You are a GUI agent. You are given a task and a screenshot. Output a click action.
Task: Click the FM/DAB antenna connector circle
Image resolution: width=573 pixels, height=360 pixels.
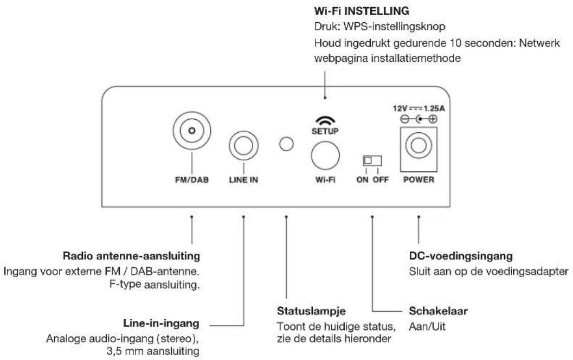click(x=191, y=131)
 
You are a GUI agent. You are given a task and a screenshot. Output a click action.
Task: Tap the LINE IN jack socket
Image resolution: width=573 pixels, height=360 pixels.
click(x=243, y=145)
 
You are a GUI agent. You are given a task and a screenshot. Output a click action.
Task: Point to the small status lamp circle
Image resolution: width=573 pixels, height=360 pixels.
click(x=286, y=144)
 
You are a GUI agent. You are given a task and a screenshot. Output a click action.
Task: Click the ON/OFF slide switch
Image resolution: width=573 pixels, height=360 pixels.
click(x=372, y=160)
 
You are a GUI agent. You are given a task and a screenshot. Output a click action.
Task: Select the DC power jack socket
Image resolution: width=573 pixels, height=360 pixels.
click(x=418, y=145)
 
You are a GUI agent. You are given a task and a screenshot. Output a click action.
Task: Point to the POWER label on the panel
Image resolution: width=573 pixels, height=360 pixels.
click(x=418, y=180)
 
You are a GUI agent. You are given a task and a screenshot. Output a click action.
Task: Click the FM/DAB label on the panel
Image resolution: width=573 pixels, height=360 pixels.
click(x=191, y=180)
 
